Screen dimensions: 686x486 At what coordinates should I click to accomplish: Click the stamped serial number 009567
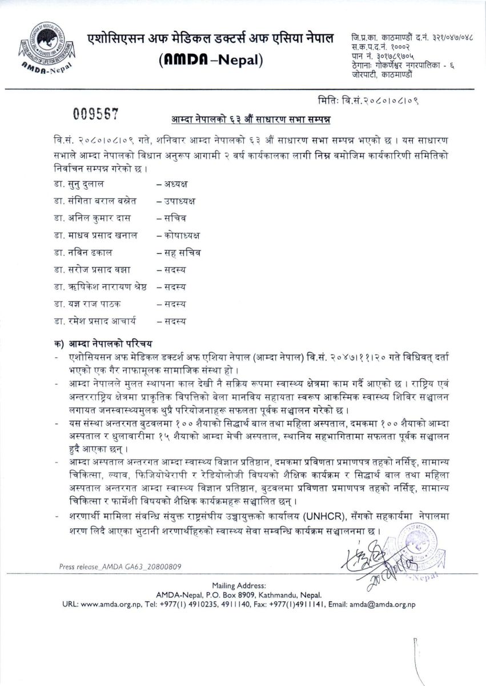[95, 113]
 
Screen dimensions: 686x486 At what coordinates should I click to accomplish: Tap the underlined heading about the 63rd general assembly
[252, 120]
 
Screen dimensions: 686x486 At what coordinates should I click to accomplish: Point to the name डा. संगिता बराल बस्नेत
[98, 201]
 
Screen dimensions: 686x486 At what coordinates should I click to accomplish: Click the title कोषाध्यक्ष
[178, 236]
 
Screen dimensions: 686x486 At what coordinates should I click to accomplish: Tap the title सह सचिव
[178, 253]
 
